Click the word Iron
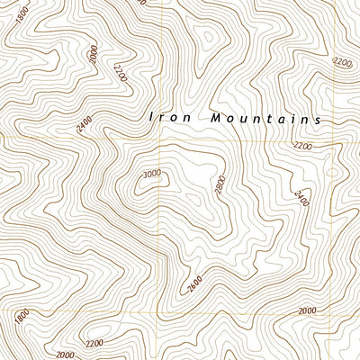167,117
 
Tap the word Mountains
265,118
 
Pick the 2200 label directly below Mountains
302,145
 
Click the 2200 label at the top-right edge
342,62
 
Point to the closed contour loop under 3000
142,187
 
